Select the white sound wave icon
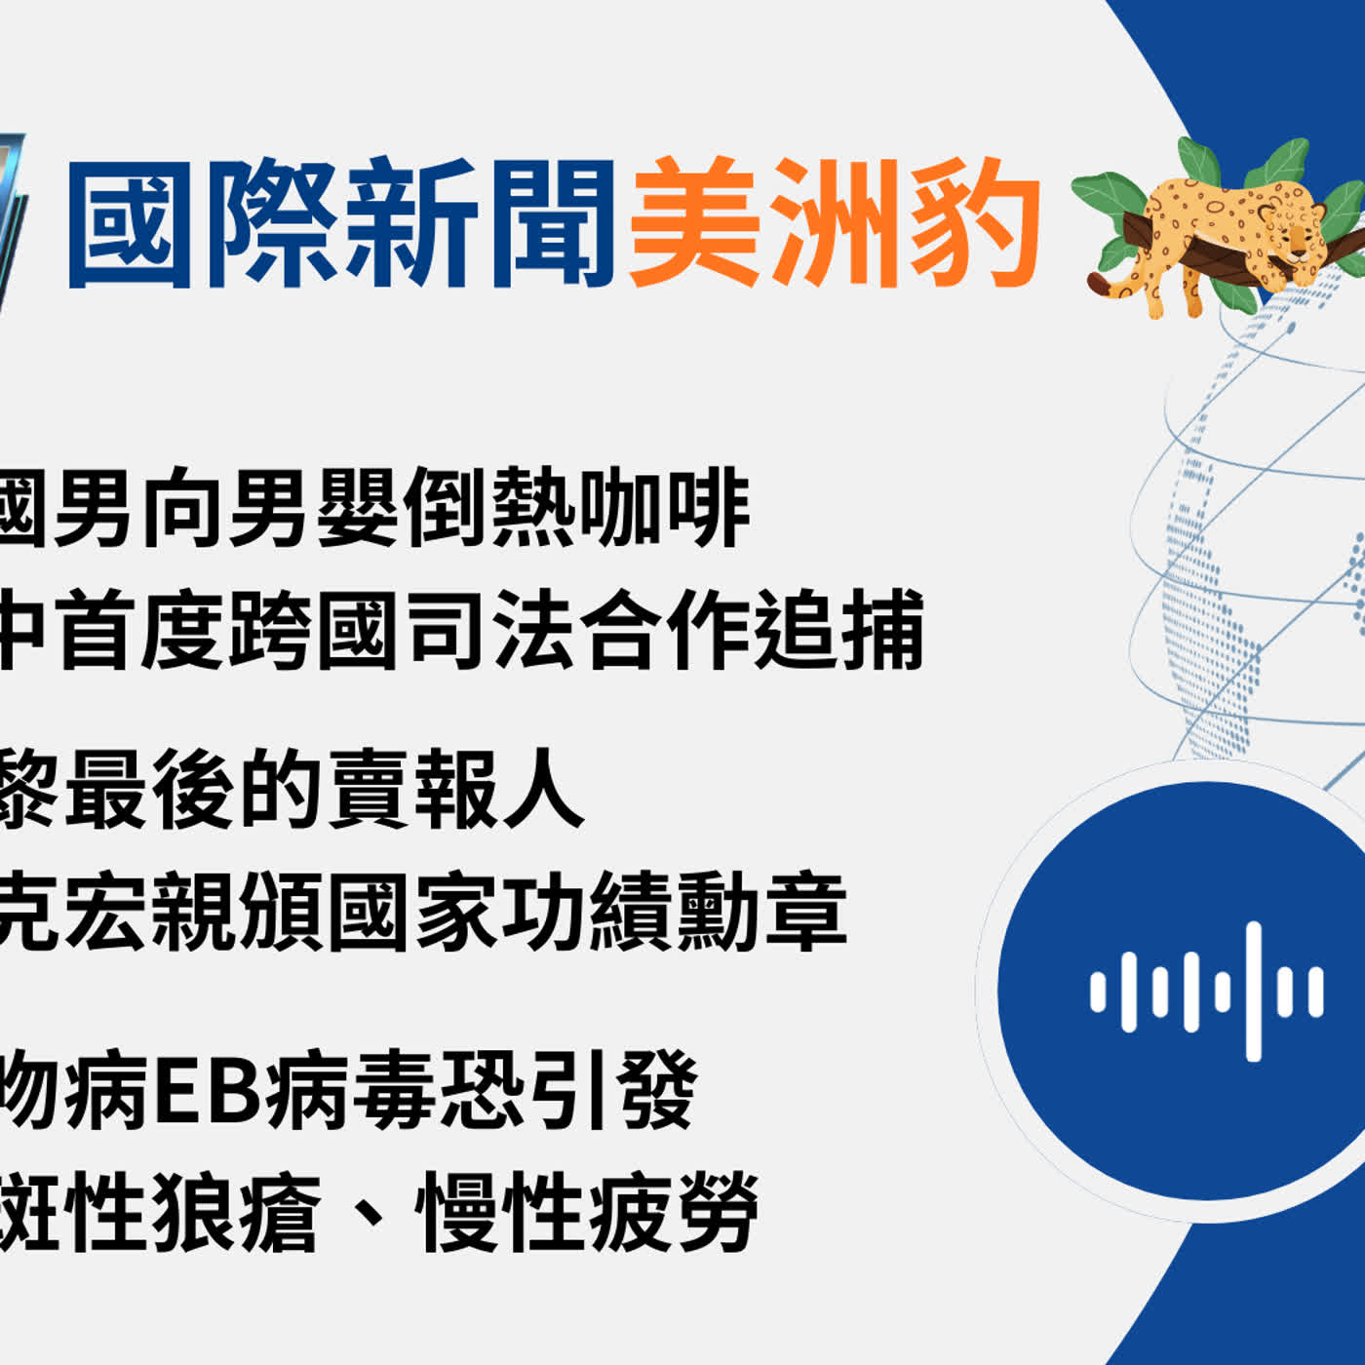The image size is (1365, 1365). pos(1207,991)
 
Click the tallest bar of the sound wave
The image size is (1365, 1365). pos(1254,991)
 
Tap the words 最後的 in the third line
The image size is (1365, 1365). pos(195,788)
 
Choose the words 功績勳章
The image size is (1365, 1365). pos(673,911)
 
